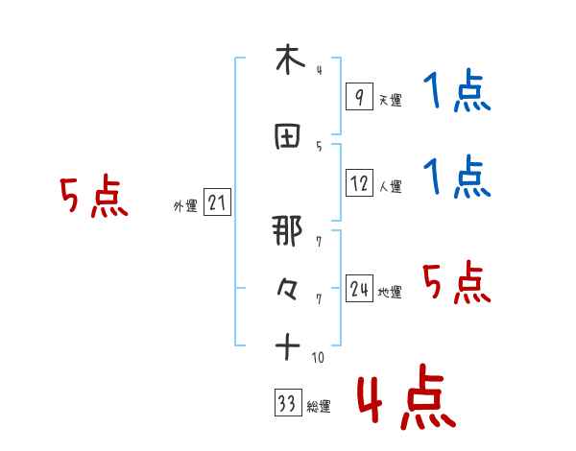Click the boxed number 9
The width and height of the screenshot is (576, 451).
[359, 96]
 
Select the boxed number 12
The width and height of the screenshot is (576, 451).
[359, 183]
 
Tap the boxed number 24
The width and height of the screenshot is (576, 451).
[359, 289]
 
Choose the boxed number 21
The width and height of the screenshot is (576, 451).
[217, 202]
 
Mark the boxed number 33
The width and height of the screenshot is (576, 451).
[286, 404]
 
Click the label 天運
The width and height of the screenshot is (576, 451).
[390, 100]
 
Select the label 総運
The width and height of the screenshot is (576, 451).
[319, 407]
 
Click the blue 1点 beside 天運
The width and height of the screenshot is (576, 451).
[457, 93]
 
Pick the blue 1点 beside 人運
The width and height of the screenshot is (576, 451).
[457, 178]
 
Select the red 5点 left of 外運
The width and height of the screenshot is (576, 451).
[94, 198]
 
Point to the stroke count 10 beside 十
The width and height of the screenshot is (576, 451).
[317, 358]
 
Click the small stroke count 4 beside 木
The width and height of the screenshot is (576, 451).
[319, 70]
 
